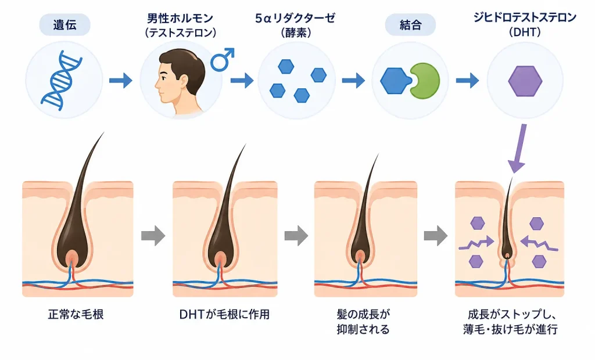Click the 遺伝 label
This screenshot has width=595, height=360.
point(64,25)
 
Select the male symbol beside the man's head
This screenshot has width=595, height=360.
point(223,60)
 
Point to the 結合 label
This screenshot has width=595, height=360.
point(411,25)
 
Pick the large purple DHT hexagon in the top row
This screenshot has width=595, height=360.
point(525,81)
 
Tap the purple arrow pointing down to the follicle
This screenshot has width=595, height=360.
point(519,148)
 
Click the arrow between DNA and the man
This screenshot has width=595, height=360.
point(121,81)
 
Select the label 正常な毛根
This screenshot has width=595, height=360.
point(76,315)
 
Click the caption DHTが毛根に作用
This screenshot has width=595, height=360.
point(224,315)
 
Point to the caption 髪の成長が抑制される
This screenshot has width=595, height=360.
point(363,322)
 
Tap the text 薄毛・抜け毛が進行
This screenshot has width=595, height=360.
point(511,329)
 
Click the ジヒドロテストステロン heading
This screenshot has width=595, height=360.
point(525,17)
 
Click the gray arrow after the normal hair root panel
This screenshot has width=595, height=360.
point(153,236)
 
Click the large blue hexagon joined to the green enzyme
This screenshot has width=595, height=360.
point(395,81)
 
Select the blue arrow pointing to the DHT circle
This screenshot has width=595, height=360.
point(468,81)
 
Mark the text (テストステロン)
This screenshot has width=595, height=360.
point(181,33)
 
